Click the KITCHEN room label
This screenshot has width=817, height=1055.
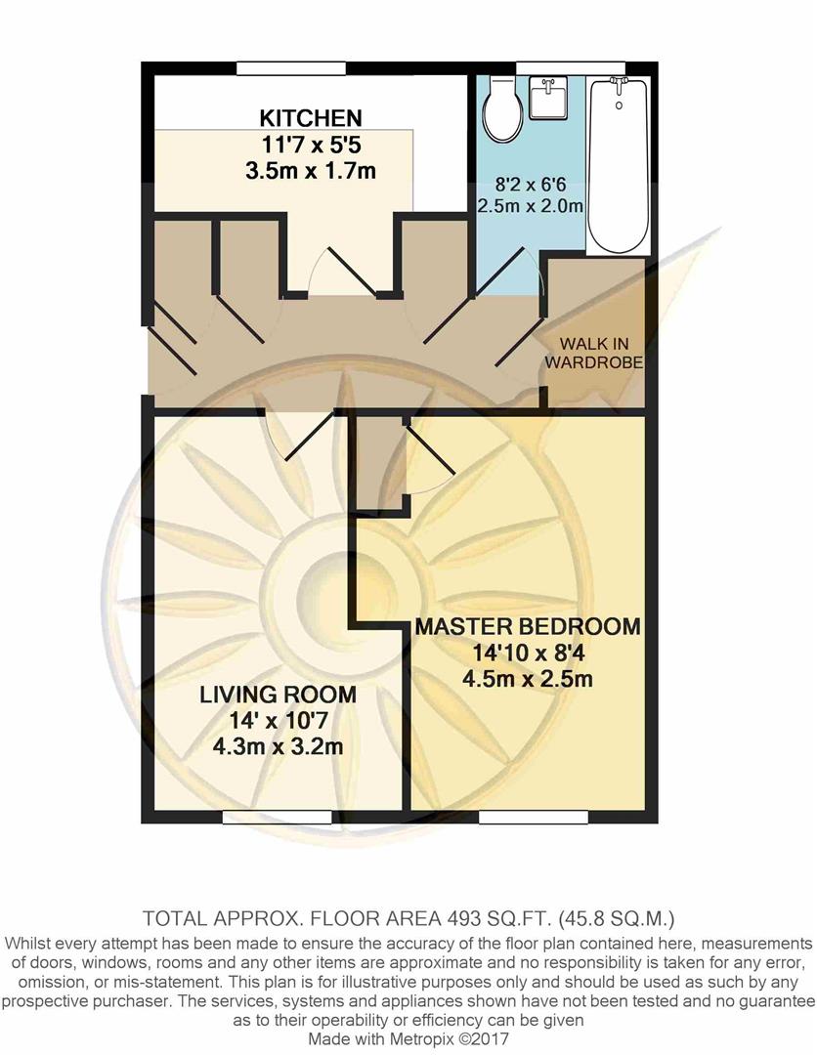(310, 119)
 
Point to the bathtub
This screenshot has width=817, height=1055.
(618, 166)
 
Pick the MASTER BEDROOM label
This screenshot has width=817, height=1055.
(528, 627)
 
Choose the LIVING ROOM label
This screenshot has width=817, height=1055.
(278, 696)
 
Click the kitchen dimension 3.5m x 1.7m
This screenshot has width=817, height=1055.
(311, 171)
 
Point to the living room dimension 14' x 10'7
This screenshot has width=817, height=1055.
(278, 723)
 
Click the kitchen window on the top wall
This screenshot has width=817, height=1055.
(290, 66)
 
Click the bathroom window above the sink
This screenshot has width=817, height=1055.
(572, 66)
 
